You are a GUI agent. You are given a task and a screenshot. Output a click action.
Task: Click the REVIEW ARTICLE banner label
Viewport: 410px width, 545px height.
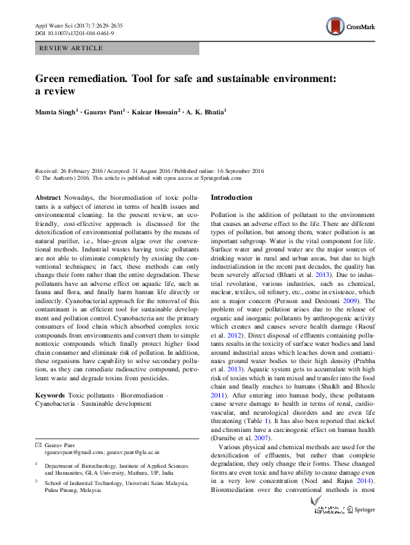point(72,48)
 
